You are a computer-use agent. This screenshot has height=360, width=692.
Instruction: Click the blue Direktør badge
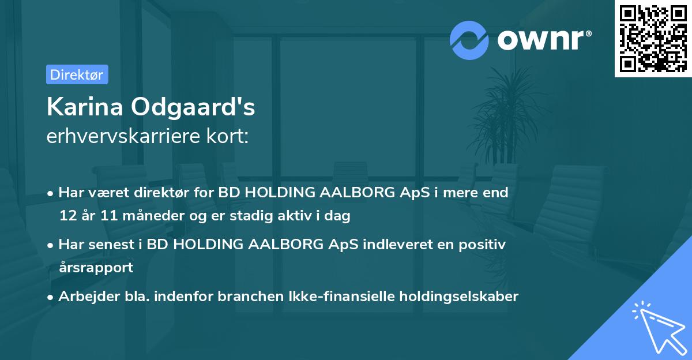coord(77,74)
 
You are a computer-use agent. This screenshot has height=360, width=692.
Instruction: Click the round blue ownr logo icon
coord(469,40)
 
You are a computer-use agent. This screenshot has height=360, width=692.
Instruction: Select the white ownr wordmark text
coord(544,39)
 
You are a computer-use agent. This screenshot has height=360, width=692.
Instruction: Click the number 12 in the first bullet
coord(67,216)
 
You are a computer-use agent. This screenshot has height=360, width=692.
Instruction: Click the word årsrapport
coord(96,268)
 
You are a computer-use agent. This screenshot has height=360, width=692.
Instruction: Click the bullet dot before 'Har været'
coord(51,193)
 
